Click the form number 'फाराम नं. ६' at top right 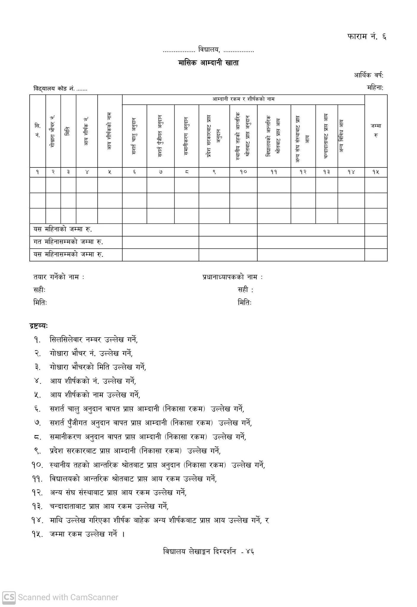coord(366,37)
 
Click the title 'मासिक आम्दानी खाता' coord(208,63)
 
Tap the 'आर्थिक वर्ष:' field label coord(368,75)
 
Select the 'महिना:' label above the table coord(375,88)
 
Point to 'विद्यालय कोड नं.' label coord(54,89)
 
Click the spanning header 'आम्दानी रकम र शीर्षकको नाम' coord(243,99)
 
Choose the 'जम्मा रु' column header coord(376,130)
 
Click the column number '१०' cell coord(243,172)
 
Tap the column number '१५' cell coord(376,172)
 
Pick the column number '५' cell coord(110,172)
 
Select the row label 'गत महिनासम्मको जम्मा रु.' coord(68,242)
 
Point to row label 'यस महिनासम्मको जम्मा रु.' coord(68,254)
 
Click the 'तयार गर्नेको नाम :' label coord(59,277)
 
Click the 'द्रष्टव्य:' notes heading coord(39,326)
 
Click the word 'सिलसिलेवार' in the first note coord(66,339)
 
